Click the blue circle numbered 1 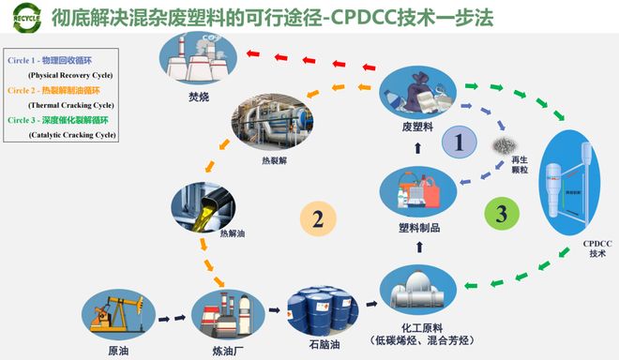(459, 143)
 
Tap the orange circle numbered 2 (318, 220)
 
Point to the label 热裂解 (274, 160)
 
